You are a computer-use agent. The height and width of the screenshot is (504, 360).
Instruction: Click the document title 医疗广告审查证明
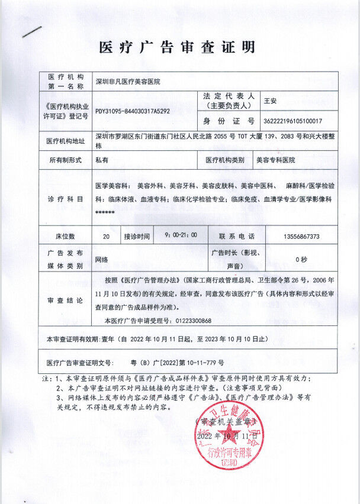pos(177,47)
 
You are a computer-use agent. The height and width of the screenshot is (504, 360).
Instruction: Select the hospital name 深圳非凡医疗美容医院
pos(128,81)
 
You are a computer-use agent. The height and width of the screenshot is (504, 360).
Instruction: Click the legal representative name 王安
pos(270,101)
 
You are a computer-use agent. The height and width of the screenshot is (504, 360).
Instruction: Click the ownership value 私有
pos(102,160)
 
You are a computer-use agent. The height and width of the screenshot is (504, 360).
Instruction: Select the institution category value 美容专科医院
pos(276,160)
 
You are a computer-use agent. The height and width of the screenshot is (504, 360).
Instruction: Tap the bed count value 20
pos(106,236)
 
